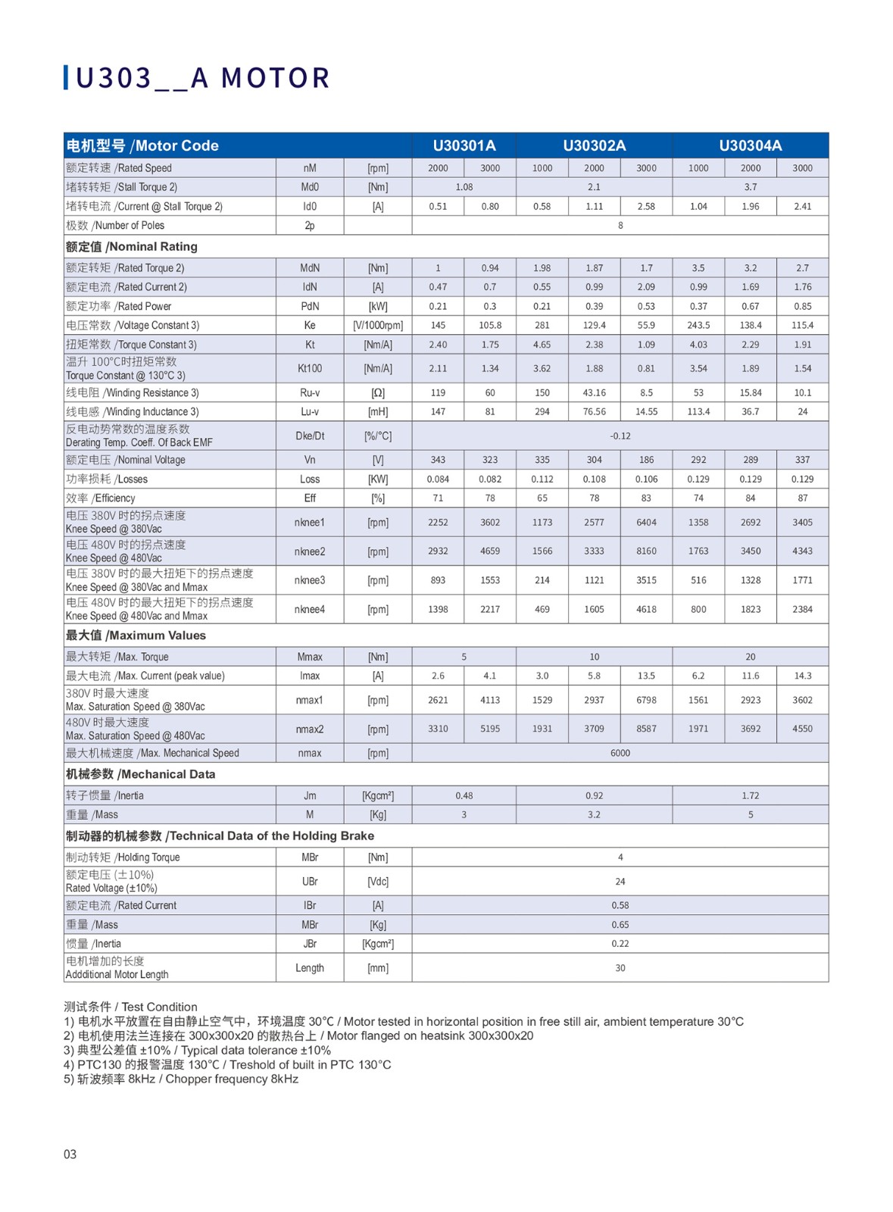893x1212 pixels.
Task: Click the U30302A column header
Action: (x=594, y=145)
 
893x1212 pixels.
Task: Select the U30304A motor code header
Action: (x=750, y=145)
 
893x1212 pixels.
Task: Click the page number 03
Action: (x=70, y=1154)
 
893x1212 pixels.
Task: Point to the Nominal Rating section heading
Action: (x=132, y=247)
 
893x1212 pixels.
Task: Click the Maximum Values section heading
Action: (x=136, y=636)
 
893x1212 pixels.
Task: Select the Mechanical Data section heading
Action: (x=140, y=774)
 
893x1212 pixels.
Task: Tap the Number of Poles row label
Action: (x=115, y=226)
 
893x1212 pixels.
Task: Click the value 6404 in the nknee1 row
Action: (x=646, y=523)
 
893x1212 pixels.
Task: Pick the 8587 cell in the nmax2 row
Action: (x=646, y=729)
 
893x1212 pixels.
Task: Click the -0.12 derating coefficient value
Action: (x=620, y=436)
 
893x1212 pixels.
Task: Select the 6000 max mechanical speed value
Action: (x=620, y=753)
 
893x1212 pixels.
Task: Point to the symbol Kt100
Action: (x=309, y=369)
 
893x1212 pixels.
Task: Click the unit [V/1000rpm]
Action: (x=377, y=326)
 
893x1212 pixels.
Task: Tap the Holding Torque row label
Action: (x=123, y=857)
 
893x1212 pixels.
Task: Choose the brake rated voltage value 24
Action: (x=620, y=882)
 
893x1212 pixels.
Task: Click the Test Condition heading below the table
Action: (x=130, y=1007)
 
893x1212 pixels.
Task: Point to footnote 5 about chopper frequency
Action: (x=181, y=1079)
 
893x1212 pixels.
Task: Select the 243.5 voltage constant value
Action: (x=698, y=326)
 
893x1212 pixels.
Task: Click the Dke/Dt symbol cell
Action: (x=309, y=436)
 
